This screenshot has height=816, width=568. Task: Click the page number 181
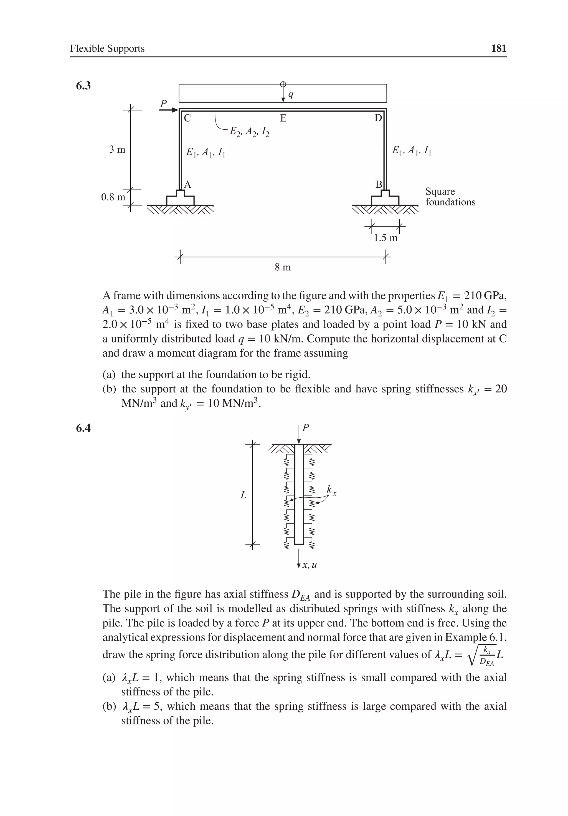(498, 48)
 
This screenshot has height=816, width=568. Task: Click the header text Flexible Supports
(107, 48)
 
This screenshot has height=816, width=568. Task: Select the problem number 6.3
(83, 86)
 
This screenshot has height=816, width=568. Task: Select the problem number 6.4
(83, 428)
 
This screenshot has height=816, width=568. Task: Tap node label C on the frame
(187, 118)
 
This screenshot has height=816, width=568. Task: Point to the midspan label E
(283, 118)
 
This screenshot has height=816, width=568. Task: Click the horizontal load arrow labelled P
(169, 110)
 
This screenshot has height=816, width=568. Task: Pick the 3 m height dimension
(117, 150)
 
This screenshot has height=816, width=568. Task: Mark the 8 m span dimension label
(283, 267)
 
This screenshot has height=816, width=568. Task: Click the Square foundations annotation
(450, 197)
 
